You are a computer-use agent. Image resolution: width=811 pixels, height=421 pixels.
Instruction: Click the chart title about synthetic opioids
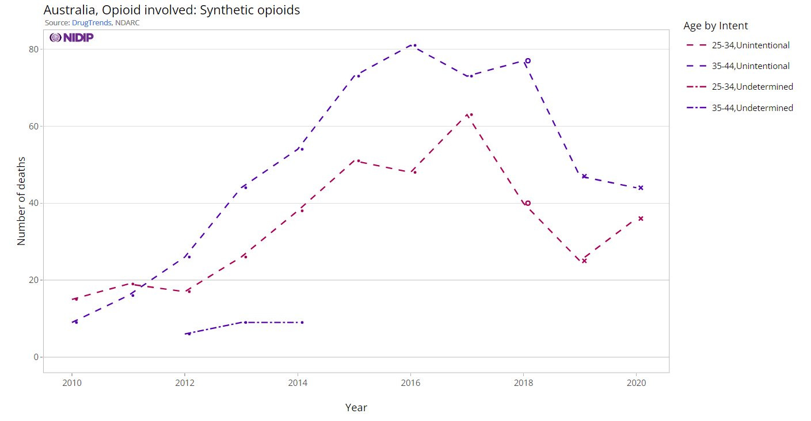172,10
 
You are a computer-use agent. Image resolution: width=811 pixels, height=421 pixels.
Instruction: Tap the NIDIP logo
71,37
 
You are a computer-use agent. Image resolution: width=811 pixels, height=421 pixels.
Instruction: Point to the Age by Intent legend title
715,26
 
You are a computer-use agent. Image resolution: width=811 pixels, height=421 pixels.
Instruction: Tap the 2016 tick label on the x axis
410,382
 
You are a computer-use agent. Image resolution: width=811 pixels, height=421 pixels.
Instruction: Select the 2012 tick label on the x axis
184,382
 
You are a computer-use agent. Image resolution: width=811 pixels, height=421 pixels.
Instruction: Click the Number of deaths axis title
21,201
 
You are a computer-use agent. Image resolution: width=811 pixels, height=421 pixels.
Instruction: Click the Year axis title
356,408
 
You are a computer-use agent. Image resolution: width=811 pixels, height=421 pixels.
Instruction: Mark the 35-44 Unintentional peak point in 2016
414,45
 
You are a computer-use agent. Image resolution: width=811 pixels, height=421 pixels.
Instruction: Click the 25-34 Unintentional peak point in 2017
471,114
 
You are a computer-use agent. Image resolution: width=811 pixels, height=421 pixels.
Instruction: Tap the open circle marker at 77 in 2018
527,60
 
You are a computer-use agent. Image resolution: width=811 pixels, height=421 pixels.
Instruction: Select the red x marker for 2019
584,261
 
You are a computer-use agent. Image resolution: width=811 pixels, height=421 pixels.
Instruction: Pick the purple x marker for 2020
641,187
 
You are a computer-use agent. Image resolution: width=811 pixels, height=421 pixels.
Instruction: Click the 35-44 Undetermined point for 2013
245,322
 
